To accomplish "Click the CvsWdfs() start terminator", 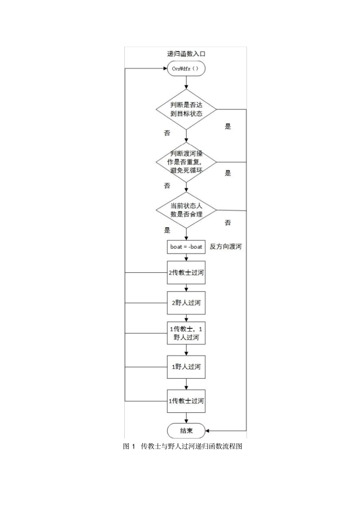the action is (x=186, y=68).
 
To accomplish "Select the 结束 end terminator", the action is (x=186, y=430).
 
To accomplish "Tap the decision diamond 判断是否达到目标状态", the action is (x=186, y=109).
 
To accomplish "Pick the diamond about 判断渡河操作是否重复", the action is (x=186, y=162).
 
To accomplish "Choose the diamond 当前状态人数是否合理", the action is (x=186, y=210).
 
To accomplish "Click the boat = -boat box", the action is (x=186, y=247).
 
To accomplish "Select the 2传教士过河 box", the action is (x=186, y=272).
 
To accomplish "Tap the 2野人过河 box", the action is (x=186, y=303).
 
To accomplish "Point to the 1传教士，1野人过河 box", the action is (x=186, y=333).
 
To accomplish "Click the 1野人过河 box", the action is (x=186, y=367).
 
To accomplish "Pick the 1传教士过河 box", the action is (x=186, y=401).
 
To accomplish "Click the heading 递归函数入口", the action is (x=186, y=54).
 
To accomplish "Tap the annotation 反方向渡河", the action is (x=225, y=246).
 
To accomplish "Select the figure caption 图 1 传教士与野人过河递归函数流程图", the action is (x=183, y=446).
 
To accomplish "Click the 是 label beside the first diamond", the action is (x=228, y=126).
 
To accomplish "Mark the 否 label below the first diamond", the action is (x=167, y=133).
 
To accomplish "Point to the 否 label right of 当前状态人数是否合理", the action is (x=228, y=223).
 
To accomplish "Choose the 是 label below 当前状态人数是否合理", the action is (x=167, y=230).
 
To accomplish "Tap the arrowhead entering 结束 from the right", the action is (x=207, y=430).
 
